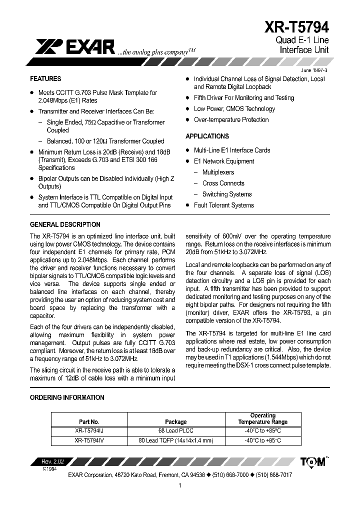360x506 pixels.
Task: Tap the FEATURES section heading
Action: (x=45, y=79)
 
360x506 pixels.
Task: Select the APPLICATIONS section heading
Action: (x=207, y=136)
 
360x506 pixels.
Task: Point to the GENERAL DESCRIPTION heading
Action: (x=65, y=225)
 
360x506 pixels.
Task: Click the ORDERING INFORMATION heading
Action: (x=67, y=397)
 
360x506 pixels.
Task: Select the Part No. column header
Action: (x=89, y=421)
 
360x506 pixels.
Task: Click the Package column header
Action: (x=175, y=421)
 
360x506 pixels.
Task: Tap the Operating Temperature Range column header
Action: (x=262, y=418)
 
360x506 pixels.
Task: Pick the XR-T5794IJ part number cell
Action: (x=89, y=431)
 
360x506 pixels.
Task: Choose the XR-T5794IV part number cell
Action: (x=89, y=440)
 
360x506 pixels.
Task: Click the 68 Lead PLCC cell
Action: (x=175, y=431)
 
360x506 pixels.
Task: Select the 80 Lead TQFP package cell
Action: (x=175, y=440)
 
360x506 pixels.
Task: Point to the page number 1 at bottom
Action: (x=179, y=485)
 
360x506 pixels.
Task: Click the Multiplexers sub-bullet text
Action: (x=218, y=172)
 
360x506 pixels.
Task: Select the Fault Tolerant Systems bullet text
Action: (x=223, y=205)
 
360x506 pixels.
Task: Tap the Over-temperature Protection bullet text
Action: (x=231, y=120)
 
